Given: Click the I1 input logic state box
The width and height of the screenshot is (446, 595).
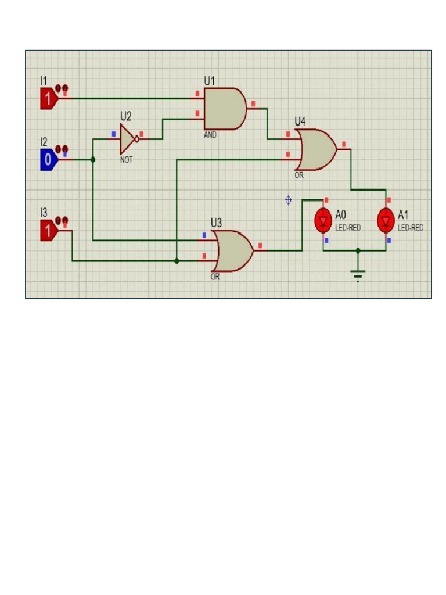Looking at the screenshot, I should pos(48,99).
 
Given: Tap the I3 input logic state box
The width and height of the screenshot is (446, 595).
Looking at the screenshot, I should pos(48,231).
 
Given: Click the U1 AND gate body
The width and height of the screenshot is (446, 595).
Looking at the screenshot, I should pos(224,109).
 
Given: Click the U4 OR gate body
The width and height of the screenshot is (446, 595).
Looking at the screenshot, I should pos(315,149).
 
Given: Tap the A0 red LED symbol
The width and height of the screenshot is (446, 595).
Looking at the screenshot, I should pos(323,220).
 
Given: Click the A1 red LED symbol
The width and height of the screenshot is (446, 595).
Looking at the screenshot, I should pos(386,220).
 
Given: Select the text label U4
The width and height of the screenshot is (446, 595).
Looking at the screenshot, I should pos(300,121).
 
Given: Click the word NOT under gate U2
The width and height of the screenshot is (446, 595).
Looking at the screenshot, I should pos(126,159).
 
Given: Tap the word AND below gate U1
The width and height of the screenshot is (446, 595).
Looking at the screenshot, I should pos(210,135).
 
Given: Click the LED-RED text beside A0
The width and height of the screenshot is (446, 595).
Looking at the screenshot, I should pos(348,228).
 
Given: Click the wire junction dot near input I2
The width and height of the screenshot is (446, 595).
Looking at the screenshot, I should pos(93,159).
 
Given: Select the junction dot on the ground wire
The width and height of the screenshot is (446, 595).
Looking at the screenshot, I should pos(358,250).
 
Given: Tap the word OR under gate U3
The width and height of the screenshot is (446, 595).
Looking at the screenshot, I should pos(215,277).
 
